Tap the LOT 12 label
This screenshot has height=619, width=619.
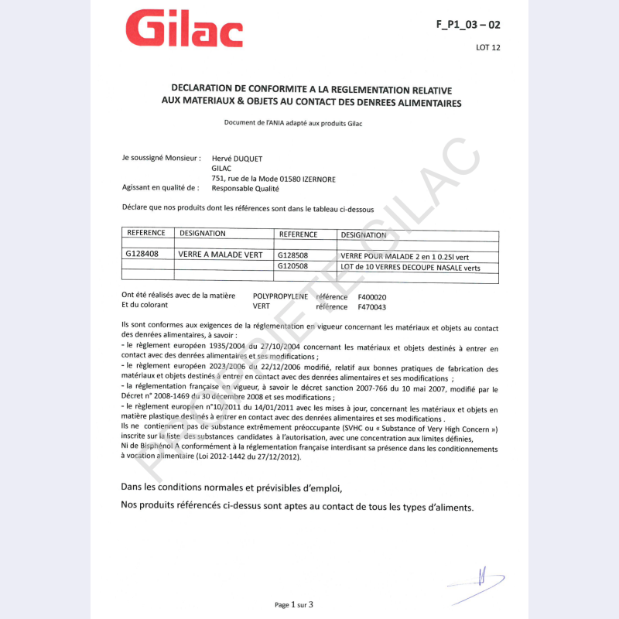point(488,48)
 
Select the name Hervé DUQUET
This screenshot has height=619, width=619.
point(237,159)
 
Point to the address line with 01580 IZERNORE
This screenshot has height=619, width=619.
point(273,179)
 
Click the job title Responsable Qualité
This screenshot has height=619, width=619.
point(245,188)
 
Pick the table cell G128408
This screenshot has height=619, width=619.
point(142,254)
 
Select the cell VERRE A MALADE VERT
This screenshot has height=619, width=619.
point(221,255)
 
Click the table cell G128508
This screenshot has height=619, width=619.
point(292,255)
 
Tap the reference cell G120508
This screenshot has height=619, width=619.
point(292,267)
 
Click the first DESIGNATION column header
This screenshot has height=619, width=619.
point(203,233)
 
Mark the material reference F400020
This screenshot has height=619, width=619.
point(372,297)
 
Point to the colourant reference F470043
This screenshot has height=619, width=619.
point(372,307)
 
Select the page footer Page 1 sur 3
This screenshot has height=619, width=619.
point(294,604)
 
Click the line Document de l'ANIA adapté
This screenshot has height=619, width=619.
point(293,123)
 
